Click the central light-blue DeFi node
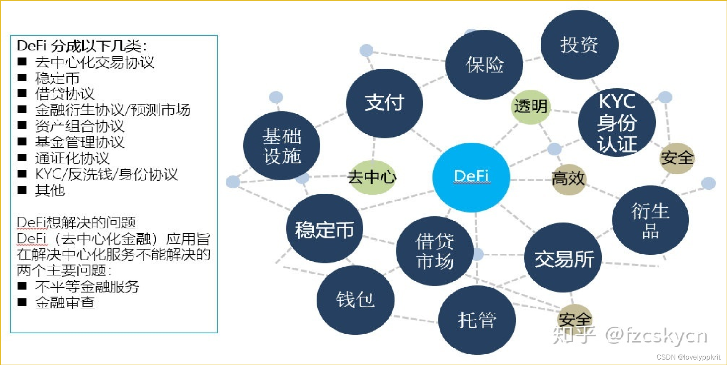point(471,177)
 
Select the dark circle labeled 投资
point(579,45)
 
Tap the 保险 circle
point(484,65)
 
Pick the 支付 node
point(384,103)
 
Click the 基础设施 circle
point(282,146)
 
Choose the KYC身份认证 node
point(617,122)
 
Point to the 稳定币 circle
point(325,229)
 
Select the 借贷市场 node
point(435,251)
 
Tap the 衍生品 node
point(650,220)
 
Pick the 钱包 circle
point(355,300)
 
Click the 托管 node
point(477,320)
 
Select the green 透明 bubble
point(530,107)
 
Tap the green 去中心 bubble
point(372,177)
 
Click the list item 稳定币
point(57,78)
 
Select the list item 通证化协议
point(72,158)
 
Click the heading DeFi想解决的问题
point(76,222)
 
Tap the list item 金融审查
point(65,302)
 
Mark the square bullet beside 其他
point(22,190)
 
